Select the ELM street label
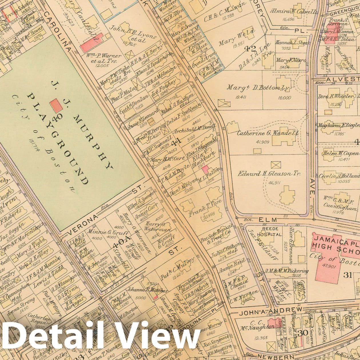tap(264, 220)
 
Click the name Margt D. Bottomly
tap(258, 88)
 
